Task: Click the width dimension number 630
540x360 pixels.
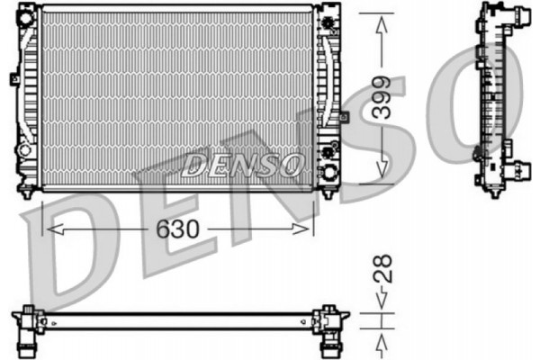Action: pos(178,229)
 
